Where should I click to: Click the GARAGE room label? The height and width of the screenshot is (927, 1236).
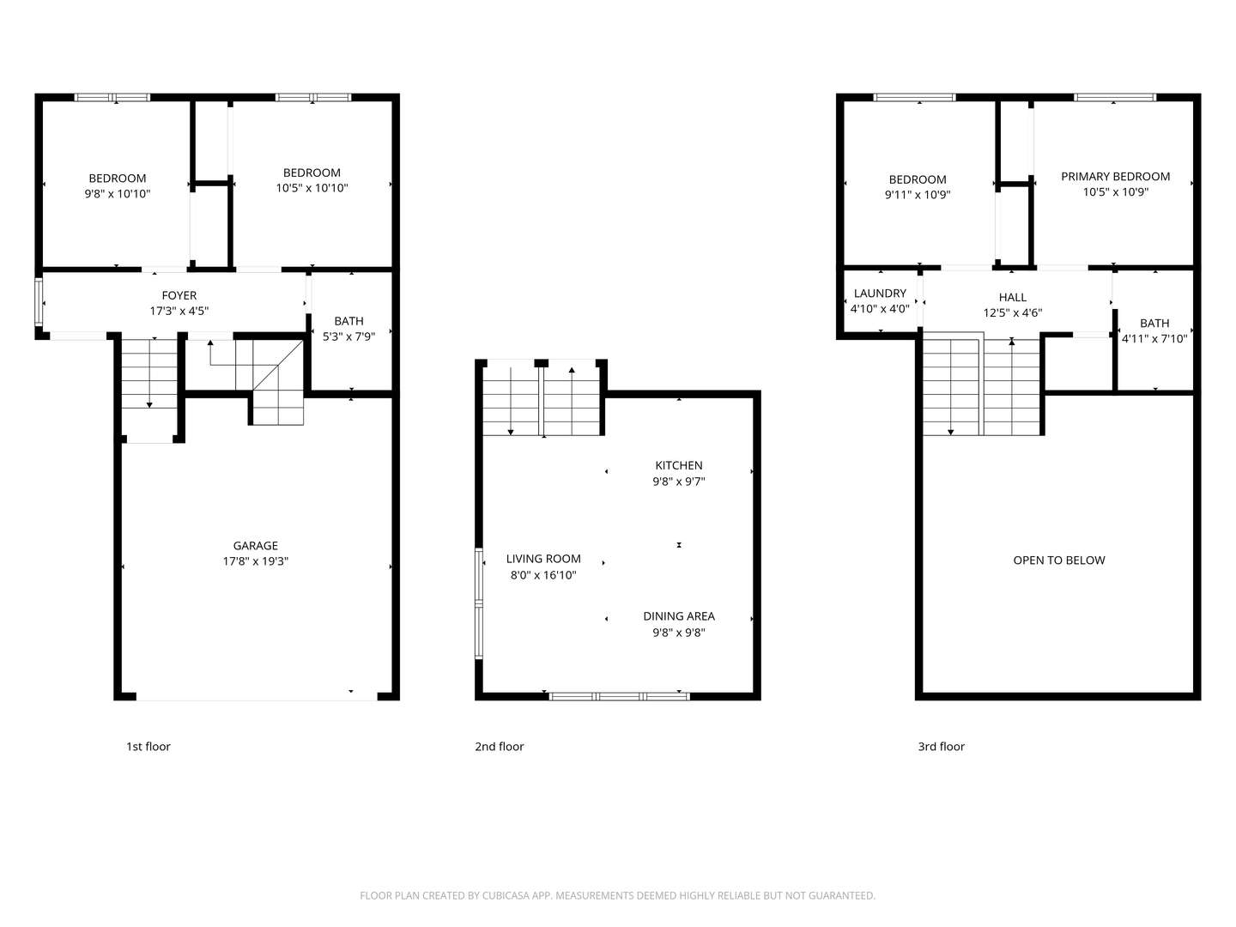coord(255,546)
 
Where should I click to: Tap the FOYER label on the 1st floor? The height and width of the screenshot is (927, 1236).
coord(179,296)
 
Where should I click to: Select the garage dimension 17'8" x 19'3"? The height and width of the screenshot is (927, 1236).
coord(255,561)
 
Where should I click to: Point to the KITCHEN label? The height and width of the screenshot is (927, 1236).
coord(678,466)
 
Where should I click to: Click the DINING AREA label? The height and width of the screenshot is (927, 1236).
coord(678,616)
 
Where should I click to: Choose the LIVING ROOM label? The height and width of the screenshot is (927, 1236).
coord(542,559)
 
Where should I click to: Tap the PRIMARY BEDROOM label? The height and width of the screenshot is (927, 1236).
coord(1115,177)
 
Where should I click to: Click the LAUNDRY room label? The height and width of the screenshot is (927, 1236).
coord(880,294)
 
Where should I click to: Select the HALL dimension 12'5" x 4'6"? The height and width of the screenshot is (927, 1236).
coord(1012,313)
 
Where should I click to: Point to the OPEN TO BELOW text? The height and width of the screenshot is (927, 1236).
coord(1058,560)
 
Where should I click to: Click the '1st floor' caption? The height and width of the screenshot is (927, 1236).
coord(148,747)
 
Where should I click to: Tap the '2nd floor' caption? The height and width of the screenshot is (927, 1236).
coord(499,747)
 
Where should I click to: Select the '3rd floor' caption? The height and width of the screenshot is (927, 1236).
coord(941,747)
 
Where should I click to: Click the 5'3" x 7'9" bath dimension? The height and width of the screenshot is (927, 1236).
coord(348,336)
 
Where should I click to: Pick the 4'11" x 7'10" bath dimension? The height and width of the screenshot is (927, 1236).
coord(1154,339)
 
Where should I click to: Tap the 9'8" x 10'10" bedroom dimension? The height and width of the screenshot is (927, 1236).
coord(117,194)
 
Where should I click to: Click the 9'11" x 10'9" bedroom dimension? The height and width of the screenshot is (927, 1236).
coord(917,195)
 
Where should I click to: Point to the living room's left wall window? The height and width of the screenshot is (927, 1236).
coord(479,604)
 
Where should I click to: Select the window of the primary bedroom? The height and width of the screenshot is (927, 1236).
coord(1114,98)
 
